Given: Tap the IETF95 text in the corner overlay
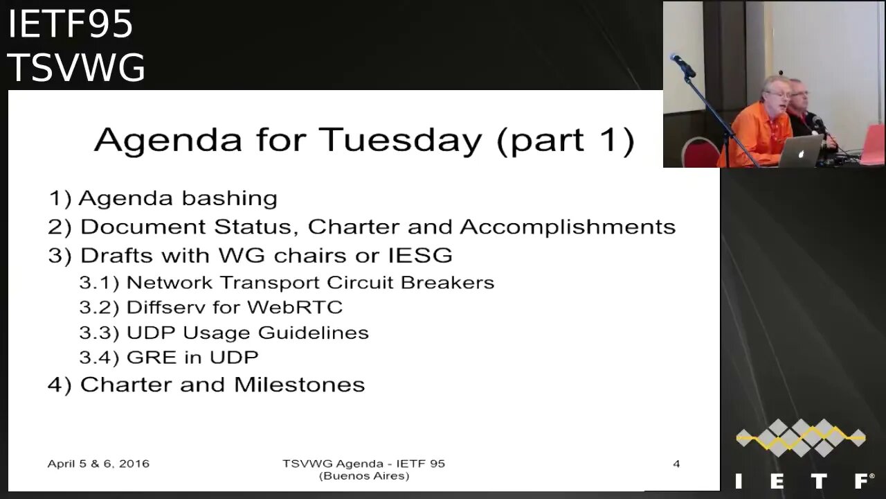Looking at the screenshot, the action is pos(70,24).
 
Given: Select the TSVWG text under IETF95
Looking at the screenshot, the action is pos(76,67).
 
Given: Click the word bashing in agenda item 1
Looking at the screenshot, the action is pos(229,198).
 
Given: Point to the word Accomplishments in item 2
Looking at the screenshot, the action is pos(568,227).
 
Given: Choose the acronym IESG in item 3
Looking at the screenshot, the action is pos(420,255).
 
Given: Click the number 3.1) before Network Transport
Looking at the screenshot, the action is pos(99,283).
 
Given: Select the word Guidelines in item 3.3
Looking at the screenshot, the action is pos(314,332).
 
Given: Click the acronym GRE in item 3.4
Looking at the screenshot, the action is pos(152,357).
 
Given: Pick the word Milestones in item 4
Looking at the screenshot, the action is pos(300,385).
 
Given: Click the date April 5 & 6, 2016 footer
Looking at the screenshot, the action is pos(98,464).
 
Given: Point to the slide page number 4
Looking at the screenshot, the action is pos(676,464).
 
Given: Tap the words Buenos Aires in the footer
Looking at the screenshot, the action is pos(364,475).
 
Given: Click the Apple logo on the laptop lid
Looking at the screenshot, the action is pos(801,154).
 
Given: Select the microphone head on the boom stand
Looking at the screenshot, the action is pos(682,65).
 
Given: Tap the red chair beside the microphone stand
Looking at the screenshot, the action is pos(699,152).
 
